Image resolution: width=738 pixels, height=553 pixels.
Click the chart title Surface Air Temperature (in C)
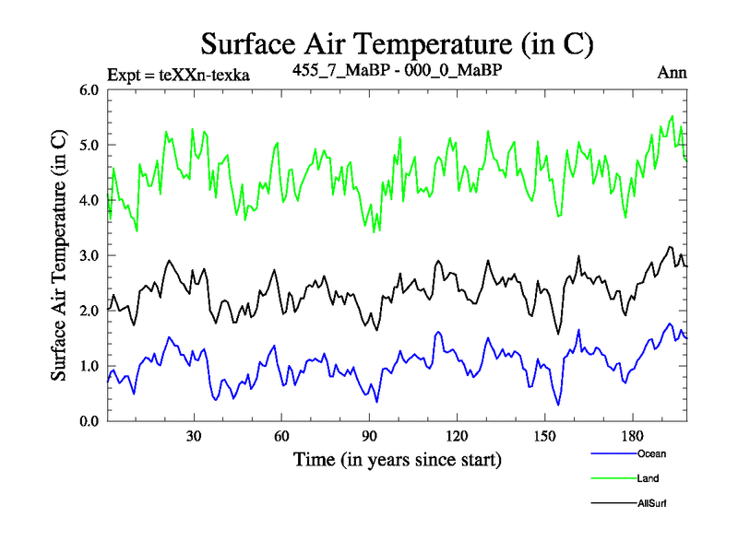tap(397, 43)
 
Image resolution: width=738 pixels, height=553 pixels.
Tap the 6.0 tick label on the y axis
tap(90, 90)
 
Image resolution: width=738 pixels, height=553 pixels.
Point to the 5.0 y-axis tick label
tap(90, 146)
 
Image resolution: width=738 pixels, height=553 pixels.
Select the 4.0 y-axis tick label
tap(90, 201)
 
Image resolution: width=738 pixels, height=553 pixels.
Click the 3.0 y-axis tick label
tap(90, 256)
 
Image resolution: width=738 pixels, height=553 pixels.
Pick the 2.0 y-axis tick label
tap(90, 312)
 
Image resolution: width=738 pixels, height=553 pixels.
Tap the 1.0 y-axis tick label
tap(90, 367)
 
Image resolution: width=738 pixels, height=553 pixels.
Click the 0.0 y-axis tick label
tap(90, 422)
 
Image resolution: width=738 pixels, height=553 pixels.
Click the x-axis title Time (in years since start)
tap(397, 458)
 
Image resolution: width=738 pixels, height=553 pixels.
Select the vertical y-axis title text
tap(58, 255)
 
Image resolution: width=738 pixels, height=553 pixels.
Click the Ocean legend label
tap(650, 453)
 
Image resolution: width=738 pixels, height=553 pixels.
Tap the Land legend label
tap(648, 478)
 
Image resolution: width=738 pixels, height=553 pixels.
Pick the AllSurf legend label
tap(652, 503)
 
